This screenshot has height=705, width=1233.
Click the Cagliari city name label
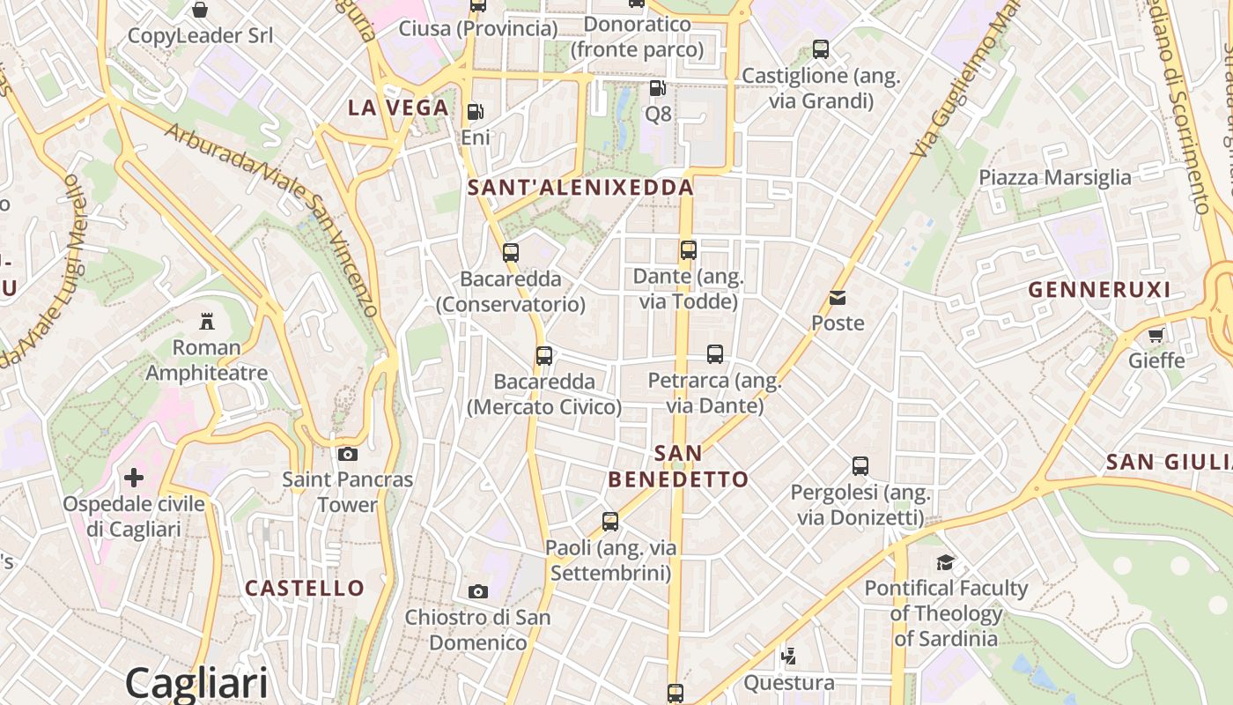pyautogui.click(x=196, y=683)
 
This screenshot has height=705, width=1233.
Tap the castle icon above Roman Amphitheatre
pyautogui.click(x=207, y=320)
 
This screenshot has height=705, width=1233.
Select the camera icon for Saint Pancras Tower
pyautogui.click(x=348, y=454)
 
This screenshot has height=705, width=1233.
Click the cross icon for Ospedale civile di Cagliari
pyautogui.click(x=134, y=478)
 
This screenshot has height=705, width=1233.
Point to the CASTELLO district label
pyautogui.click(x=304, y=588)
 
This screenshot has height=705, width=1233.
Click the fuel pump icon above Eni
pyautogui.click(x=475, y=112)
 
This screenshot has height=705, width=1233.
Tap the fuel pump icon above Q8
pyautogui.click(x=657, y=88)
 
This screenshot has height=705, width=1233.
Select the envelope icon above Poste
pyautogui.click(x=838, y=298)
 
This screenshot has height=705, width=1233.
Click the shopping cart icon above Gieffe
pyautogui.click(x=1155, y=335)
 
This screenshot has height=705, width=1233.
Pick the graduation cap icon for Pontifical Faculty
pyautogui.click(x=945, y=562)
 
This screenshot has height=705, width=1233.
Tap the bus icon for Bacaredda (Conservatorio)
pyautogui.click(x=510, y=253)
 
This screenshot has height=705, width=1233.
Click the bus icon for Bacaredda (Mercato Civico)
pyautogui.click(x=544, y=356)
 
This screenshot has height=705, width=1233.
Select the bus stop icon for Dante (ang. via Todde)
pyautogui.click(x=688, y=250)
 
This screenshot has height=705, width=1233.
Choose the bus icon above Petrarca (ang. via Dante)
pyautogui.click(x=714, y=354)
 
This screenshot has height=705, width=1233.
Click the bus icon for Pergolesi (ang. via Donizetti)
pyautogui.click(x=860, y=466)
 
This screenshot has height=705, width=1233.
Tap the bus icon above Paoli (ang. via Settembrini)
pyautogui.click(x=610, y=522)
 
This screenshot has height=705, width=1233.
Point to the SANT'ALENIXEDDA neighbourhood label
pyautogui.click(x=580, y=188)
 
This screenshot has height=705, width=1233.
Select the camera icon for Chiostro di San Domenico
pyautogui.click(x=478, y=591)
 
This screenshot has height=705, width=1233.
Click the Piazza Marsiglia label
pyautogui.click(x=1055, y=177)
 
